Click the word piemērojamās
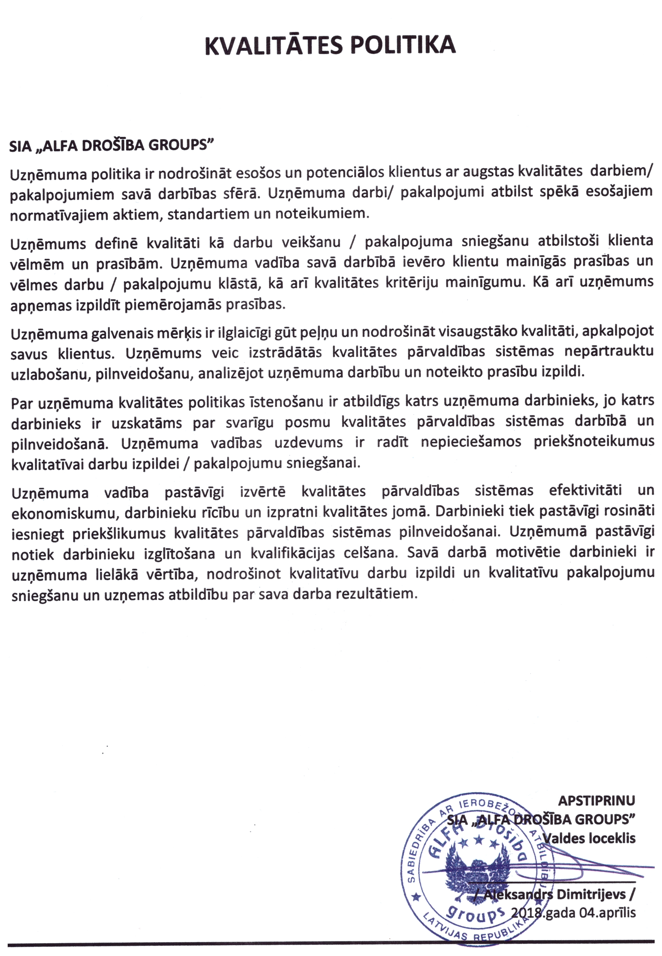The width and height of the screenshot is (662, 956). tap(175, 305)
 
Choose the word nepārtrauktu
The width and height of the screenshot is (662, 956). tap(609, 352)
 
